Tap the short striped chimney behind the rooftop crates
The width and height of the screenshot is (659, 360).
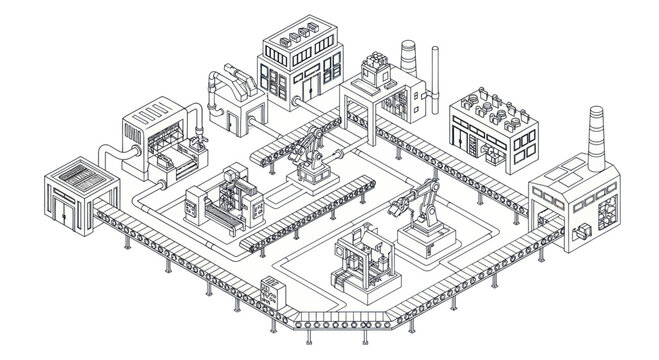coord(408,55)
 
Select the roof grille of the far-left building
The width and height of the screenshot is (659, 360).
coord(76,179)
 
